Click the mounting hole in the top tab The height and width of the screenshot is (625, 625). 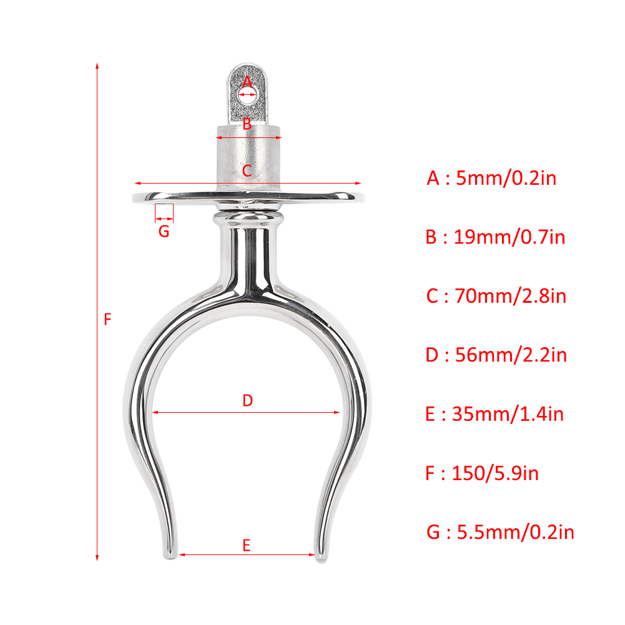coord(247,96)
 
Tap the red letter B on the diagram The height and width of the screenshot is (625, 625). coord(247,124)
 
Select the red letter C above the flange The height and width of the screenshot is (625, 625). coord(247,170)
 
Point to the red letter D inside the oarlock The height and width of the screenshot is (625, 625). coord(247,401)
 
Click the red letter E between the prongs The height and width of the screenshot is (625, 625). coord(247,545)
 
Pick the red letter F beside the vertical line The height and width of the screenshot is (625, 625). coord(107,319)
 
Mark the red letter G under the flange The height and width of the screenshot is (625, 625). coord(164,231)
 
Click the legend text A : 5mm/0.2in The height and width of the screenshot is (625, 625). coord(491,178)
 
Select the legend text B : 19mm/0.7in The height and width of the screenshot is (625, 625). coord(496,237)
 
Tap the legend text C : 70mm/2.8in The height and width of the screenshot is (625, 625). coord(496,296)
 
